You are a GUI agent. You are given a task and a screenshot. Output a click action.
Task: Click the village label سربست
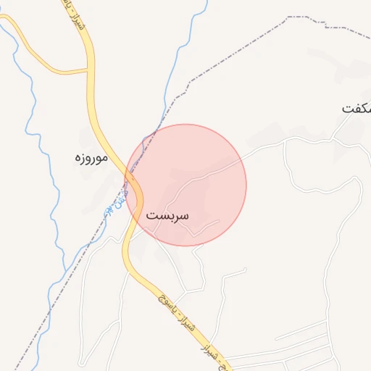167,216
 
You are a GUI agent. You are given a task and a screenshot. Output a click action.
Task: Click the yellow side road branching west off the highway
51,69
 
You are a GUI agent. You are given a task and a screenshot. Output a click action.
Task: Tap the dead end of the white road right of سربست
219,220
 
